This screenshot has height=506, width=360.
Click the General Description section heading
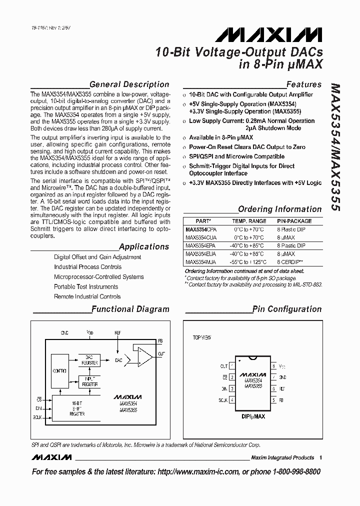[x=129, y=84]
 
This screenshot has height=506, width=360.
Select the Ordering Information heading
[x=279, y=209]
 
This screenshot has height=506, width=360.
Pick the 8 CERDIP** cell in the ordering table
[x=291, y=261]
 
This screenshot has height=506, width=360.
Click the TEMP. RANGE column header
[x=249, y=220]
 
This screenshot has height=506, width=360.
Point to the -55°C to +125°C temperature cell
[x=248, y=261]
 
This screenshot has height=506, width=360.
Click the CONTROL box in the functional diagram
[x=59, y=370]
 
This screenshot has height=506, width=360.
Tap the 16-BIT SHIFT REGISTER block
[x=77, y=408]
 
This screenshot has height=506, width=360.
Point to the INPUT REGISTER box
[x=90, y=382]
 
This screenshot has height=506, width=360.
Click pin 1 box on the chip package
[x=231, y=366]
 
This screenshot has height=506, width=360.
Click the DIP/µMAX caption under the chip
[x=252, y=416]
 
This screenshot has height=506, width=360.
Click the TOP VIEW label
[x=202, y=337]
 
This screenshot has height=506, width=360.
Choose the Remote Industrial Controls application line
[x=87, y=296]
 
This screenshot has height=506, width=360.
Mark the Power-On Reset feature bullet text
[x=247, y=147]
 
